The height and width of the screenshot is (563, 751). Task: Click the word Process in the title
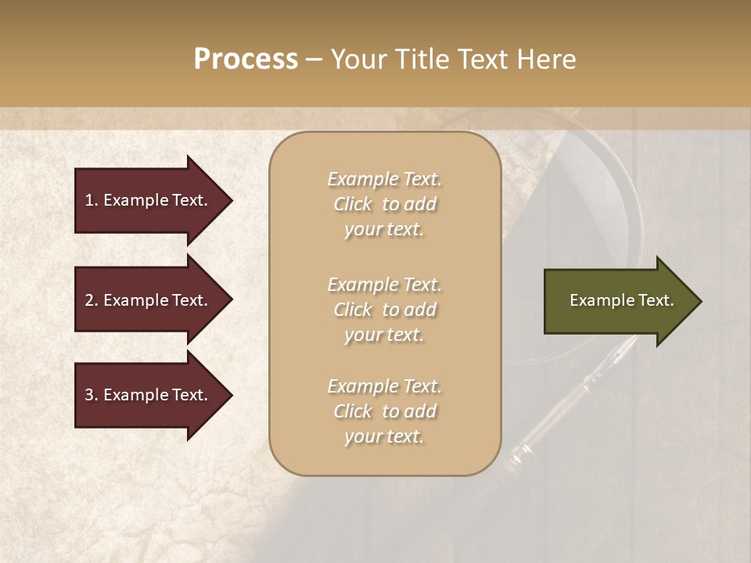point(246,59)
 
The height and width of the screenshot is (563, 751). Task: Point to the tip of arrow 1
point(232,200)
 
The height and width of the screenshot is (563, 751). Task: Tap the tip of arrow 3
point(232,395)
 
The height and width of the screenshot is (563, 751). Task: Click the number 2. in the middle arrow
point(92,300)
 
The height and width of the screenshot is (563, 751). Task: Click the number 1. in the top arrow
point(92,200)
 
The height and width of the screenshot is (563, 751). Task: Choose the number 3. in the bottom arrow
point(92,395)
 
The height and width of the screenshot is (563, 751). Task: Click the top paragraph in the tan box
point(384,204)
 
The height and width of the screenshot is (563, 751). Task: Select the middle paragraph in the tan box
point(384,310)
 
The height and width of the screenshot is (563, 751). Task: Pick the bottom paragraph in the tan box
point(384,411)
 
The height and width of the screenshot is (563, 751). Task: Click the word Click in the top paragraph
point(353,204)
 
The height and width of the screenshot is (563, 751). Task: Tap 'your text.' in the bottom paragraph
point(384,437)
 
